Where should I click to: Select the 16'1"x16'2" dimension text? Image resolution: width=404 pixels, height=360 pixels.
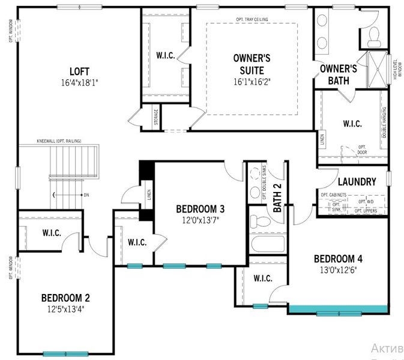pyautogui.click(x=252, y=82)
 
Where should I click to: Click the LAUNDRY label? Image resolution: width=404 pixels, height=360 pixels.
pyautogui.click(x=357, y=182)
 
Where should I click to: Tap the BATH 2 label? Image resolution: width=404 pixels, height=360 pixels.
pyautogui.click(x=278, y=198)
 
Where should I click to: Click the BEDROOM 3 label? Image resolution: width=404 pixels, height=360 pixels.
pyautogui.click(x=200, y=209)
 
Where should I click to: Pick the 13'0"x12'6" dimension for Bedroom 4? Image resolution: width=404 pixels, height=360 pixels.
pyautogui.click(x=338, y=270)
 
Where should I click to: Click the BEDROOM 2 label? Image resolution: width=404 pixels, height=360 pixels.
pyautogui.click(x=65, y=298)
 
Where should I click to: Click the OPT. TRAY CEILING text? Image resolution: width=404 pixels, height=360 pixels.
pyautogui.click(x=252, y=20)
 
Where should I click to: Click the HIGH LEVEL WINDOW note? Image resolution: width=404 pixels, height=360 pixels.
pyautogui.click(x=396, y=68)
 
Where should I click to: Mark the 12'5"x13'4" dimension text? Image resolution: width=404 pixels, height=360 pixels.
pyautogui.click(x=65, y=310)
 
